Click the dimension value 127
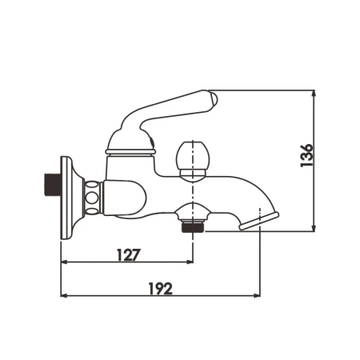coord(127,255)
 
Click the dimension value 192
coord(161,289)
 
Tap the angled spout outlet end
coord(261,218)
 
